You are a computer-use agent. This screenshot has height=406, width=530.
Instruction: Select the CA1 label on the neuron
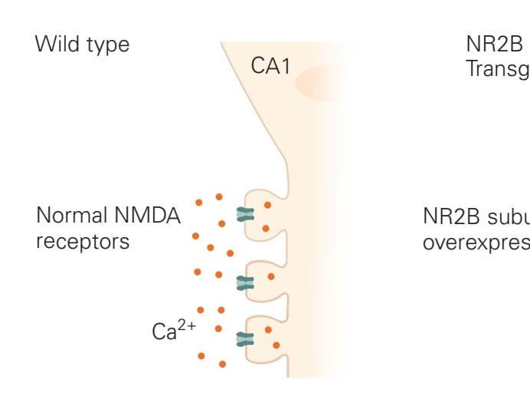tap(271, 68)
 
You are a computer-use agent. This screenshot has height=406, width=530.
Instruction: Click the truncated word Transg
tap(497, 71)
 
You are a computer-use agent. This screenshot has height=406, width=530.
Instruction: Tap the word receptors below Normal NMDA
tap(82, 242)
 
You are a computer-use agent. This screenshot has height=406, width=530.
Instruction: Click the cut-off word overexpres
tap(475, 242)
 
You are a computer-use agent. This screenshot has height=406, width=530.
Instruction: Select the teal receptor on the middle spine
tap(245, 283)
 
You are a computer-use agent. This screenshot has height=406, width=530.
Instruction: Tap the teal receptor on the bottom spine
tap(245, 338)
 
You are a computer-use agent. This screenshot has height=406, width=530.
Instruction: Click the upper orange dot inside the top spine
tap(267, 205)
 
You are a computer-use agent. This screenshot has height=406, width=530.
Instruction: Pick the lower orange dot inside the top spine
tap(265, 228)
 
